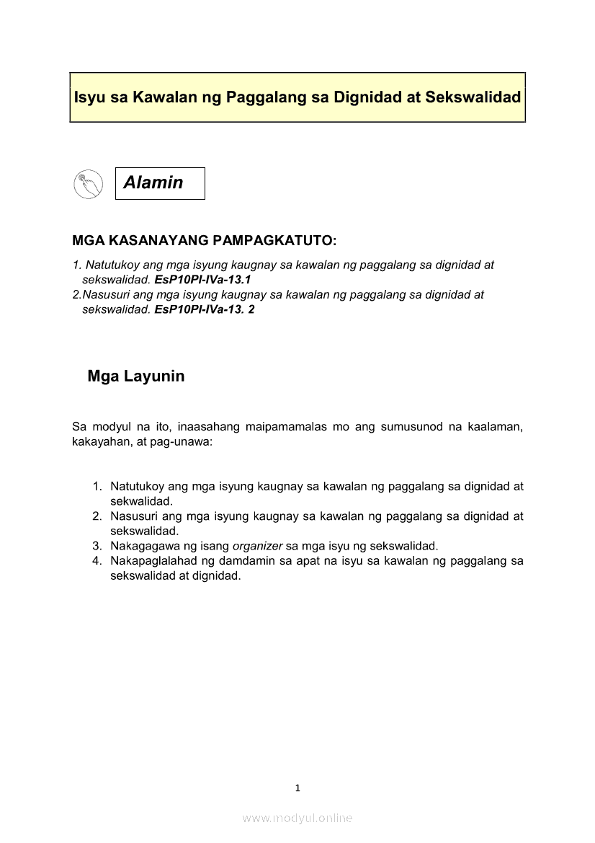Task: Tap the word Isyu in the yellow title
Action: click(x=90, y=97)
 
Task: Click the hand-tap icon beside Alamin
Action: click(x=88, y=184)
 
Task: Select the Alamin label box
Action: click(x=160, y=183)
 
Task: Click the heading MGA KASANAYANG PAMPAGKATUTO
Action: click(x=205, y=239)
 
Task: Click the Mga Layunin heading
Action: click(x=136, y=376)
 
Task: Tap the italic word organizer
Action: click(x=257, y=545)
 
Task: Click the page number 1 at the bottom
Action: click(x=297, y=787)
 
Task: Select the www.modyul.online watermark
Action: click(x=297, y=818)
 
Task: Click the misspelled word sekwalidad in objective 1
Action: click(x=141, y=500)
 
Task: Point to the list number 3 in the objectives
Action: click(x=97, y=545)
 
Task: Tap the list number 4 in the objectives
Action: click(x=97, y=560)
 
